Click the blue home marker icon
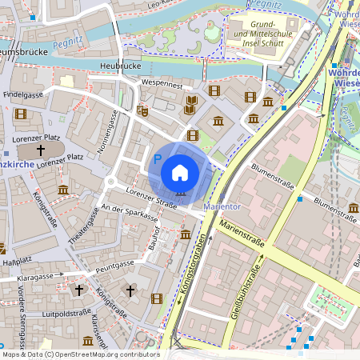coord(180,172)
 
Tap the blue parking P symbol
coord(157,160)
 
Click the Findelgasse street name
coord(23,94)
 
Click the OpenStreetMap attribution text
coord(80,354)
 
